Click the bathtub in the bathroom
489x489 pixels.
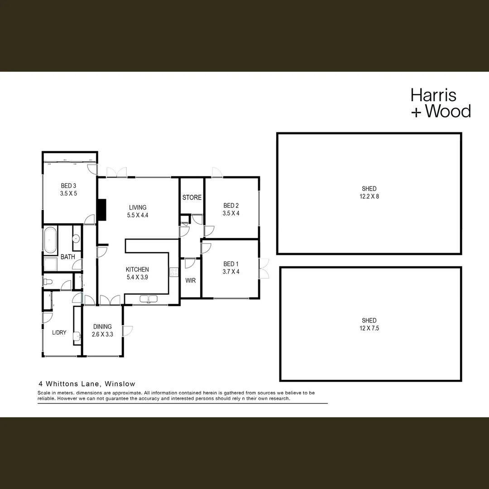pyautogui.click(x=50, y=240)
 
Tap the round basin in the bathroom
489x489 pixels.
pyautogui.click(x=76, y=238)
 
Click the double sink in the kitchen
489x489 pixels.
pyautogui.click(x=148, y=299)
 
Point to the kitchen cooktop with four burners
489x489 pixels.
pyautogui.click(x=173, y=272)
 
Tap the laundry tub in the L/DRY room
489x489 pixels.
pyautogui.click(x=77, y=336)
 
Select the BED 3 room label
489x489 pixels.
pyautogui.click(x=68, y=185)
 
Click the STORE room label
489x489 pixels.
pyautogui.click(x=192, y=197)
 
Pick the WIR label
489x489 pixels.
pyautogui.click(x=191, y=281)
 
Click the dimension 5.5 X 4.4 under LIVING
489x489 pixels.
pyautogui.click(x=138, y=216)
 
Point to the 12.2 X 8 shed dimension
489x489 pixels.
pyautogui.click(x=369, y=197)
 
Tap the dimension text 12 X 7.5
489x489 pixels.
pyautogui.click(x=369, y=328)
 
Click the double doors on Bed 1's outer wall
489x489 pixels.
pyautogui.click(x=264, y=268)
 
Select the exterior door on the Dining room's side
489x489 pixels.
pyautogui.click(x=128, y=331)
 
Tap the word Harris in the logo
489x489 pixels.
pyautogui.click(x=433, y=95)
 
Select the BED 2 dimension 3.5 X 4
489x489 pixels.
pyautogui.click(x=231, y=213)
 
